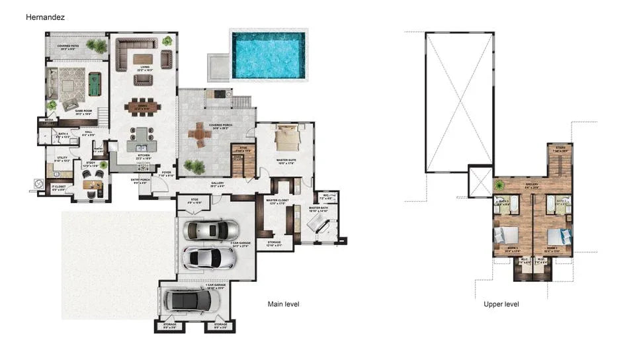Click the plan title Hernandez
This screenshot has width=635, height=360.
pos(46,16)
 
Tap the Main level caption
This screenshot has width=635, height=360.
pos(283,304)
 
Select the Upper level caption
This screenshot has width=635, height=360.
pos(501,304)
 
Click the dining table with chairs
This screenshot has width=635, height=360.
pos(142,107)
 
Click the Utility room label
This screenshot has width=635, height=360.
pos(62,159)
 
